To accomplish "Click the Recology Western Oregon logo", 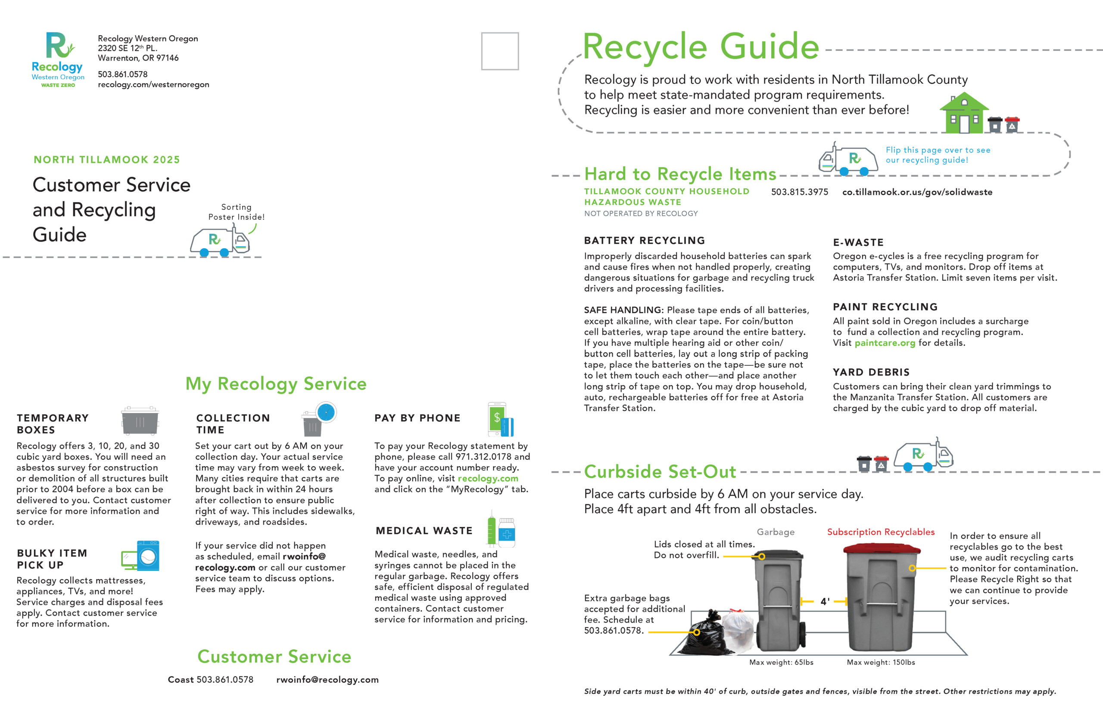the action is click(x=58, y=59).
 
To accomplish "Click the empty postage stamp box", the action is click(x=500, y=51).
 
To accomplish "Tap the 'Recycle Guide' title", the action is click(x=701, y=47).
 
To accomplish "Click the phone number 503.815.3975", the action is click(x=799, y=192).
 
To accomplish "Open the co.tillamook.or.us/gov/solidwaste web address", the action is click(x=917, y=192).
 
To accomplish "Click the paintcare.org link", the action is click(x=885, y=343).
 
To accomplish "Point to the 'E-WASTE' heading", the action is click(x=858, y=243).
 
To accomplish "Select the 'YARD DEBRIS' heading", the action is click(x=871, y=372).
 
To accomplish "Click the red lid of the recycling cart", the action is click(x=882, y=549).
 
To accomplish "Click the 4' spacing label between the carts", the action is click(x=825, y=601).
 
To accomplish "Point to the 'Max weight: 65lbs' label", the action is click(x=782, y=662).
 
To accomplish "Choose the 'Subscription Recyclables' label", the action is click(x=881, y=532).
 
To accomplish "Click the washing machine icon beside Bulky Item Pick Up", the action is click(x=148, y=555).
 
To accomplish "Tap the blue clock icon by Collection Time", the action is click(x=326, y=412).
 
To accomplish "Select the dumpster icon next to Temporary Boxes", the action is click(x=140, y=420).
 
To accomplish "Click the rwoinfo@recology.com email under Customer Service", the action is click(x=327, y=680).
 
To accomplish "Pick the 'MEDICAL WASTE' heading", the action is click(x=424, y=531).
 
